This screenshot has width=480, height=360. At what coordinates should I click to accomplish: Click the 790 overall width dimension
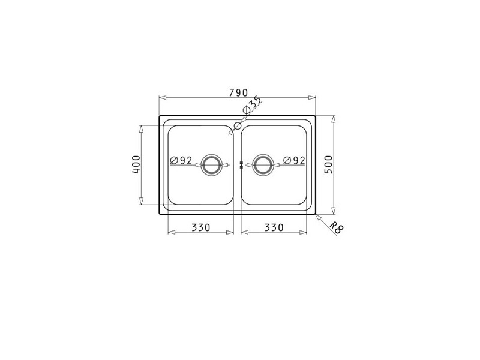click(x=238, y=92)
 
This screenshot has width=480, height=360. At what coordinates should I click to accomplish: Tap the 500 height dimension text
click(x=328, y=164)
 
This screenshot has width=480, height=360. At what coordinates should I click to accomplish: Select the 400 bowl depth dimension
click(x=136, y=165)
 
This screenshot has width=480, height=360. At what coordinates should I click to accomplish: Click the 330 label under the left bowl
click(x=201, y=227)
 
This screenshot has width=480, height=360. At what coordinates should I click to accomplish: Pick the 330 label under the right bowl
click(x=274, y=227)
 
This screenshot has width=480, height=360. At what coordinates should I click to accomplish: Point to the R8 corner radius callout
click(x=337, y=228)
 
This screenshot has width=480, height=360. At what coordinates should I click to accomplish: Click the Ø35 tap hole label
click(x=251, y=106)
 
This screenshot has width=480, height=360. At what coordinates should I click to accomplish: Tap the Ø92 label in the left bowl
click(x=181, y=160)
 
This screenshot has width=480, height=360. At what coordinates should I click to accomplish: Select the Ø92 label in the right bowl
click(x=294, y=160)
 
